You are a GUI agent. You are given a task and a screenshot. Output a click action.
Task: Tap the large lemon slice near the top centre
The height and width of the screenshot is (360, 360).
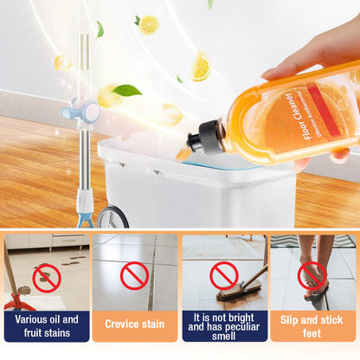point(201,66)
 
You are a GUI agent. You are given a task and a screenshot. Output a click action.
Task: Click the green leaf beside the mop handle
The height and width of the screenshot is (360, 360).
point(126,89)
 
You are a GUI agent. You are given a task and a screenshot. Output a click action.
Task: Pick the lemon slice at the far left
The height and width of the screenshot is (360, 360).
point(62,62)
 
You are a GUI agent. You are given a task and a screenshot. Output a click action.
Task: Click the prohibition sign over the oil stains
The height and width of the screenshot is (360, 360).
point(47,277)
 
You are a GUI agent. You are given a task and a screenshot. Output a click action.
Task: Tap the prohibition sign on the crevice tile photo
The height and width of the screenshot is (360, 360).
point(134,275)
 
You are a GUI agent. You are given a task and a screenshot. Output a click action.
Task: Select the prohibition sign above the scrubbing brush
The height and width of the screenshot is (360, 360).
point(224,275)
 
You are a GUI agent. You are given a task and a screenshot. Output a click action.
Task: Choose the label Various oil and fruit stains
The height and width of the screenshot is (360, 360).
point(47,325)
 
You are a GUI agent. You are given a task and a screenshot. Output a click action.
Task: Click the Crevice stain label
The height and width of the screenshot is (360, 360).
point(134,325)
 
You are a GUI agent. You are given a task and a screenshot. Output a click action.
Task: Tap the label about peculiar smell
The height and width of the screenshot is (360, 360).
point(224,325)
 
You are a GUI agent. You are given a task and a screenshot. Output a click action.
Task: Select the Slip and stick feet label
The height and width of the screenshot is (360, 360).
point(312,325)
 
